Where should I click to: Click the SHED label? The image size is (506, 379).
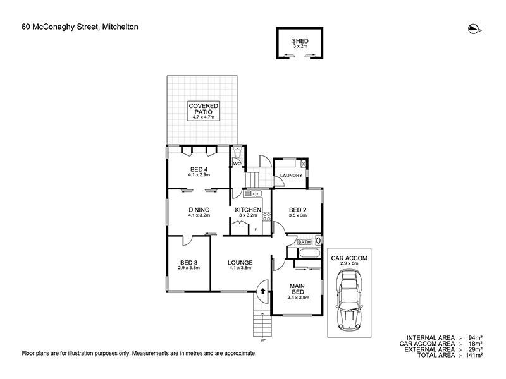coord(300,41)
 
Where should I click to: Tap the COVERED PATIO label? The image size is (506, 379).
coord(204,109)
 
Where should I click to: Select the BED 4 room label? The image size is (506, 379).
coord(199,169)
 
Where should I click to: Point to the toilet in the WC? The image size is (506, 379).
coord(238,152)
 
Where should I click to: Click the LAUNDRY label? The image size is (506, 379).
coord(291,176)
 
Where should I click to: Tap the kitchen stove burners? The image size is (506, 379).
coord(267,216)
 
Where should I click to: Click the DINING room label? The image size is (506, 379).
coord(199,210)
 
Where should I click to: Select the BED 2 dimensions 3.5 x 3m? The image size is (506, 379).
coord(298,215)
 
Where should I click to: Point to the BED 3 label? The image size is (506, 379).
coord(188,263)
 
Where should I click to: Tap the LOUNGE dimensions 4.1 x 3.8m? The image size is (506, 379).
coord(240,268)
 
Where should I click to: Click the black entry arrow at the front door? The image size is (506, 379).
coord(262,291)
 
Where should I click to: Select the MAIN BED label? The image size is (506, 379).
coord(297,289)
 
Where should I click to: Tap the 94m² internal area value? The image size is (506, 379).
coord(476,338)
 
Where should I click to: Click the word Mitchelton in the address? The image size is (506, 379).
coord(120,27)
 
